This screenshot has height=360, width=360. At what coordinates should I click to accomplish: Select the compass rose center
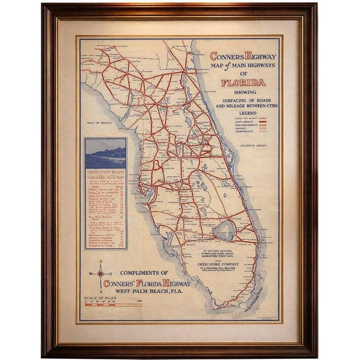pyautogui.click(x=100, y=274)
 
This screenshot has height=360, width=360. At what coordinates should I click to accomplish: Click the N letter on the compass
pyautogui.click(x=100, y=262)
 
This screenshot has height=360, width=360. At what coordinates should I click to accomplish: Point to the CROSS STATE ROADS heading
pyautogui.click(x=105, y=172)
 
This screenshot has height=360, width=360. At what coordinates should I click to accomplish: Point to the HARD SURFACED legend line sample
pyautogui.click(x=259, y=122)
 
